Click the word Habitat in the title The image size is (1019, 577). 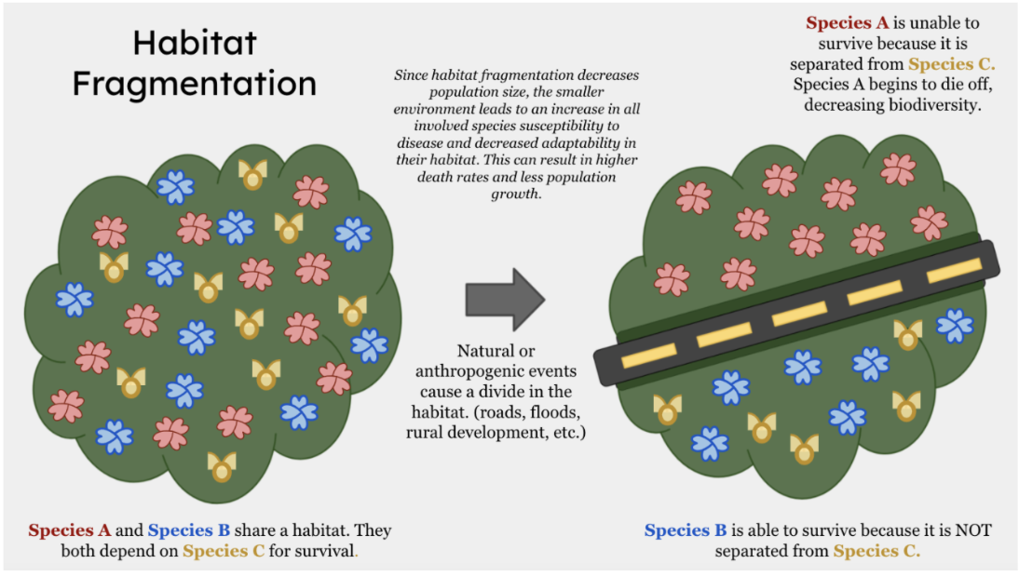click(195, 43)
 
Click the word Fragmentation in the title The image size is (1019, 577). click(195, 85)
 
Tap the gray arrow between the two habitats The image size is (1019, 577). click(506, 300)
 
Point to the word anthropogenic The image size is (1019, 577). click(496, 371)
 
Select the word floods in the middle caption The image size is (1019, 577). click(554, 412)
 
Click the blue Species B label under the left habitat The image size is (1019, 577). click(188, 530)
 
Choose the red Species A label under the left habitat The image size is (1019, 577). click(70, 530)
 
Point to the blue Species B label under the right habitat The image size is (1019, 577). click(686, 530)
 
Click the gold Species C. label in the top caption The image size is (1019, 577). click(951, 64)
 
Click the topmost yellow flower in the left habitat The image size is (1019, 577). click(252, 175)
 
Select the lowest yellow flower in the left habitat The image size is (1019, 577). click(222, 466)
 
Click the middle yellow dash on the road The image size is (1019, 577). click(799, 315)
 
